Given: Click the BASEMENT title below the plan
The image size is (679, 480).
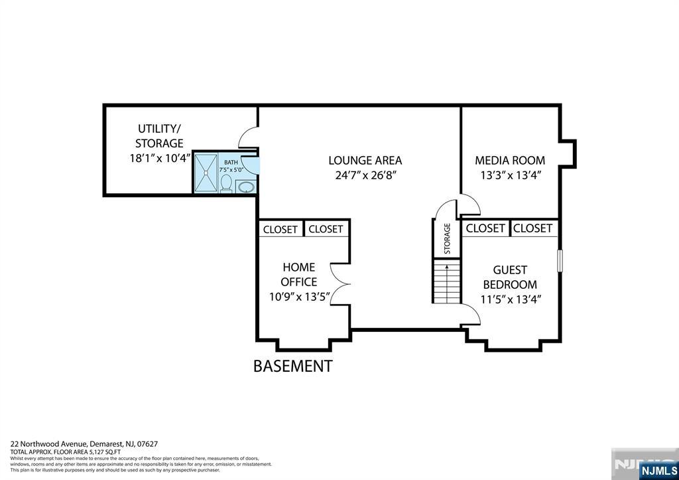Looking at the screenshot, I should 292,366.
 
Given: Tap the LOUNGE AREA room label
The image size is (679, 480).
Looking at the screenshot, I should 365,161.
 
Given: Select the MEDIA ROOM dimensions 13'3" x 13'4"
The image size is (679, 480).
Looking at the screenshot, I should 510,176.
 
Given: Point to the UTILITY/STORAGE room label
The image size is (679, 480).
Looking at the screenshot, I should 159,135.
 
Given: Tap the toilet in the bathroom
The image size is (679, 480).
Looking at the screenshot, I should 225,183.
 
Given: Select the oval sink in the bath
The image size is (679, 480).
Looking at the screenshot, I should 245,187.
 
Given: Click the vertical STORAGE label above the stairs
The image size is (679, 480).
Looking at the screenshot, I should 447,238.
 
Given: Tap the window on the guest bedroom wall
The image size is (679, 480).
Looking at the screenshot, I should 560,260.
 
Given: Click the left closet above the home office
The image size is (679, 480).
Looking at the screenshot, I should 280,229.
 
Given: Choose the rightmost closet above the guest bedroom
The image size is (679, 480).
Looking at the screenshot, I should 533,228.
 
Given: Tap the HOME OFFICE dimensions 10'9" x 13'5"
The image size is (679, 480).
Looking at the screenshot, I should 298,296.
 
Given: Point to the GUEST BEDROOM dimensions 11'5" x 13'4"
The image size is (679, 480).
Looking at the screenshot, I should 511,299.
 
